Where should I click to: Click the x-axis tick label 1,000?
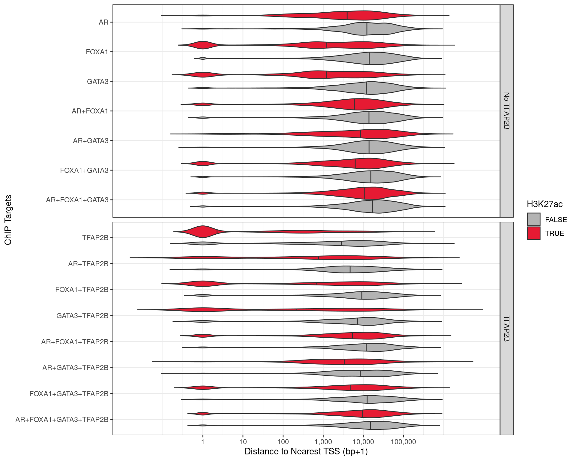323,442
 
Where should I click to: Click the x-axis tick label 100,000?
403,442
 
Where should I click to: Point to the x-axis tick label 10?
243,442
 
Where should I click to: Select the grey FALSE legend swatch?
533,219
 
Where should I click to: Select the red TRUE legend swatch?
533,233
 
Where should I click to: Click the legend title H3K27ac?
544,204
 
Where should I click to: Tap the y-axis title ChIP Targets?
8,220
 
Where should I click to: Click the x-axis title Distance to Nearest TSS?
306,451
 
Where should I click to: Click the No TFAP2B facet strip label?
506,111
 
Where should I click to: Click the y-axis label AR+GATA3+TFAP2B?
75,368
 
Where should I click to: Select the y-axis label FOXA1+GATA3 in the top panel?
84,170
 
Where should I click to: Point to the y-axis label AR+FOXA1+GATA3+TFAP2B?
62,420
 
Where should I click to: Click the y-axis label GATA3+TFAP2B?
82,316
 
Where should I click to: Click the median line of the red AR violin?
347,15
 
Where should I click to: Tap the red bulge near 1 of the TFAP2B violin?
203,231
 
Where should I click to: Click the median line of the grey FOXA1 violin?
369,58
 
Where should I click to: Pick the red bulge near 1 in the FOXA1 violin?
203,45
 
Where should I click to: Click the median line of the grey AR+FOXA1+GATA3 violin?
372,206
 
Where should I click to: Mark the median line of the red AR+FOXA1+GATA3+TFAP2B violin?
362,414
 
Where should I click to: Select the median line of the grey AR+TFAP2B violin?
350,269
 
